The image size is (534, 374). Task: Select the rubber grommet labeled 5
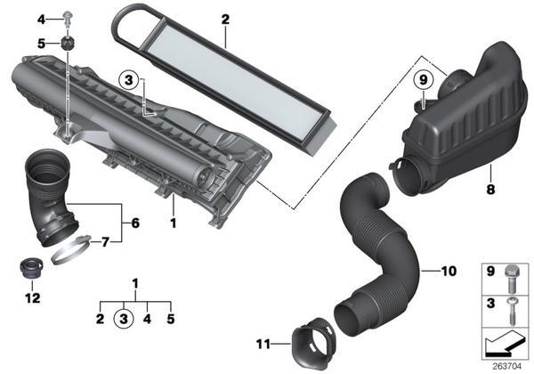68,44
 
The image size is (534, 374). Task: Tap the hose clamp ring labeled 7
71,250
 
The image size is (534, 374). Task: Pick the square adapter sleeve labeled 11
314,344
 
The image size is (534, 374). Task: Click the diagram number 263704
507,367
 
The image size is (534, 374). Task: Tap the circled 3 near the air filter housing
129,80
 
